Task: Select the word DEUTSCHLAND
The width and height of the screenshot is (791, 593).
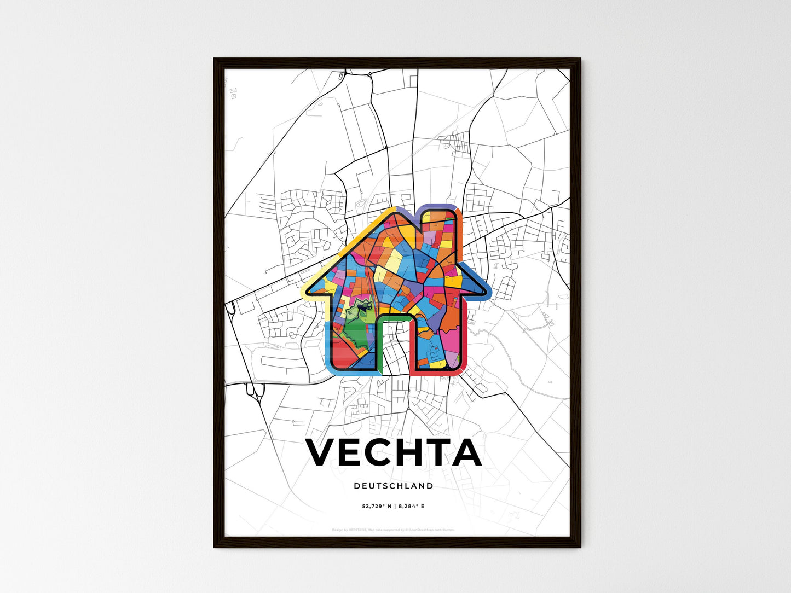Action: coord(394,486)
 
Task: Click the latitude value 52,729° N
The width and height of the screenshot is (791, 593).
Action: coord(377,507)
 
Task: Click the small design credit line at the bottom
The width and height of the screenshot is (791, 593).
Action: coord(394,530)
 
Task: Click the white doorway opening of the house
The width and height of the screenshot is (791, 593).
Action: coord(394,350)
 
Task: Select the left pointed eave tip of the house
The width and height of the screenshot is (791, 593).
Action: coord(310,290)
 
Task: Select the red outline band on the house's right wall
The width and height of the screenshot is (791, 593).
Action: coord(466,339)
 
